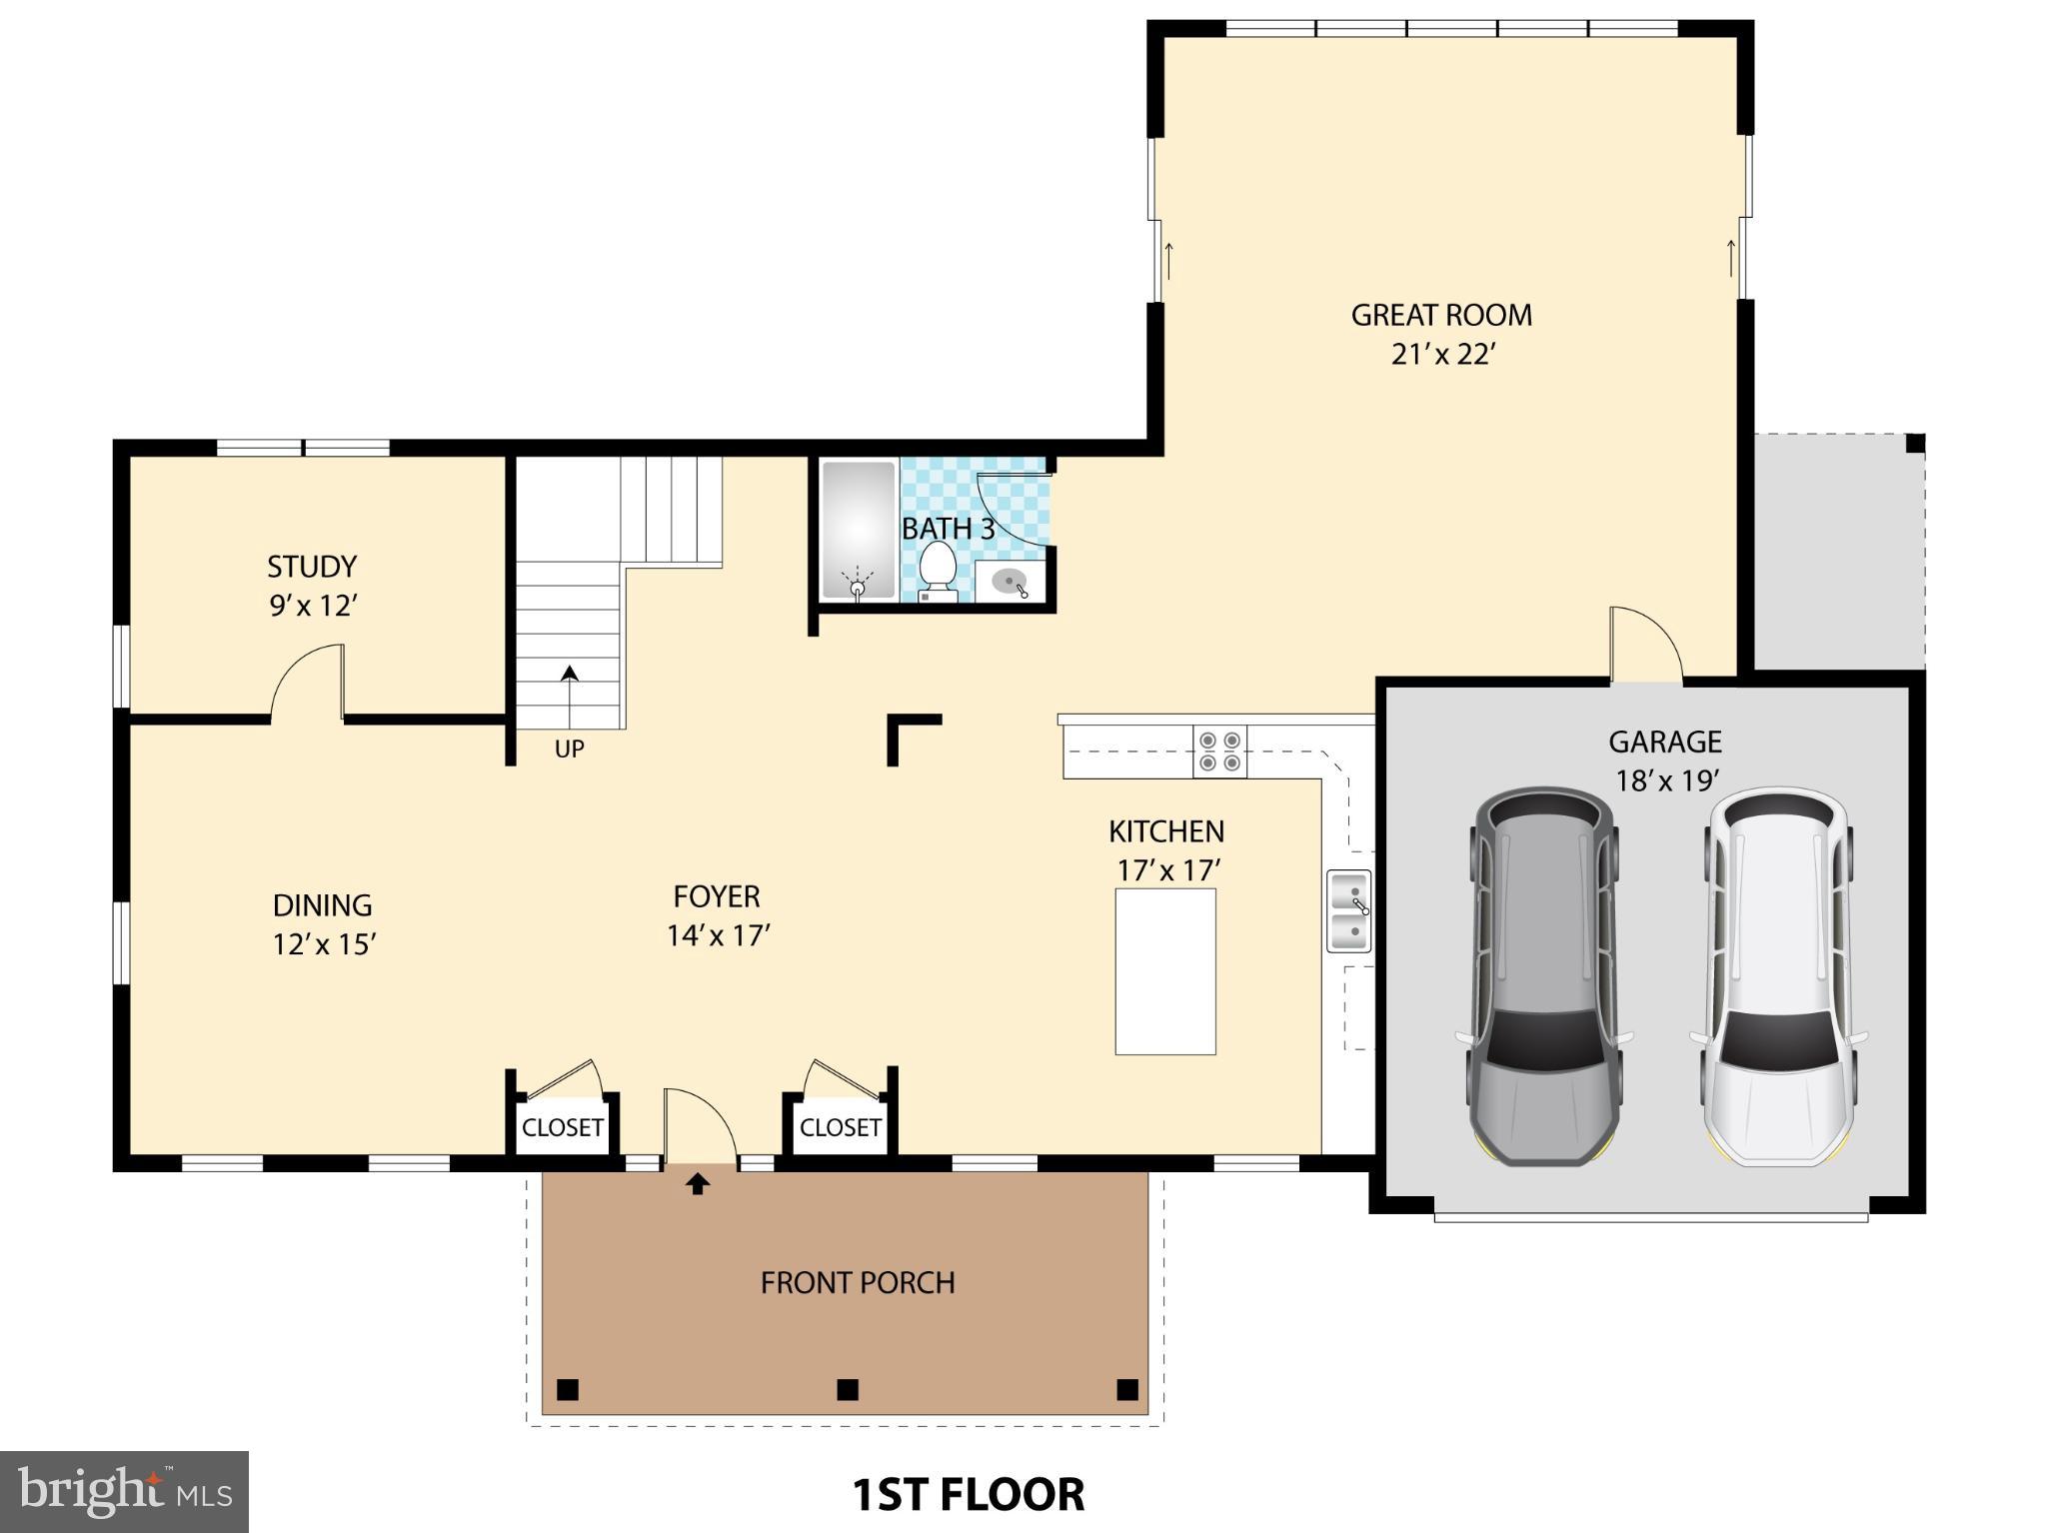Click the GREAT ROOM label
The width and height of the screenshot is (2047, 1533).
(1440, 316)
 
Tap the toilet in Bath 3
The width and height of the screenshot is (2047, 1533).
(938, 572)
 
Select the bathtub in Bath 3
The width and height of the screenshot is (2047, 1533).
(858, 531)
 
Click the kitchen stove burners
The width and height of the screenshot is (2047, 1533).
(1219, 752)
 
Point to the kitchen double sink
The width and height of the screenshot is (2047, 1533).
(1348, 910)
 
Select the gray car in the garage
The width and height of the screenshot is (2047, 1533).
(1543, 976)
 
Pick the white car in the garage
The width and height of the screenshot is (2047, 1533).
(1777, 976)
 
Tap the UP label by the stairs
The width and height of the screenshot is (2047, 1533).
(569, 749)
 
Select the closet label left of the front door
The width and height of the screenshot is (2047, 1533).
(563, 1127)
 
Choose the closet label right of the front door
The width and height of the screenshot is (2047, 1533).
(840, 1127)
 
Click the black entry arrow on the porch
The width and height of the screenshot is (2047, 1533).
(698, 1184)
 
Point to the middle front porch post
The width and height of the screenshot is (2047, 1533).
(847, 1389)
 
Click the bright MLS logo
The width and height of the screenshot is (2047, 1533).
(124, 1492)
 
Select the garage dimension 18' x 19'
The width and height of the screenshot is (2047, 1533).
(1666, 780)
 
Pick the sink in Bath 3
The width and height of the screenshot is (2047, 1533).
(1011, 582)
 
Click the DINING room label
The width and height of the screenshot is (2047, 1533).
(322, 905)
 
